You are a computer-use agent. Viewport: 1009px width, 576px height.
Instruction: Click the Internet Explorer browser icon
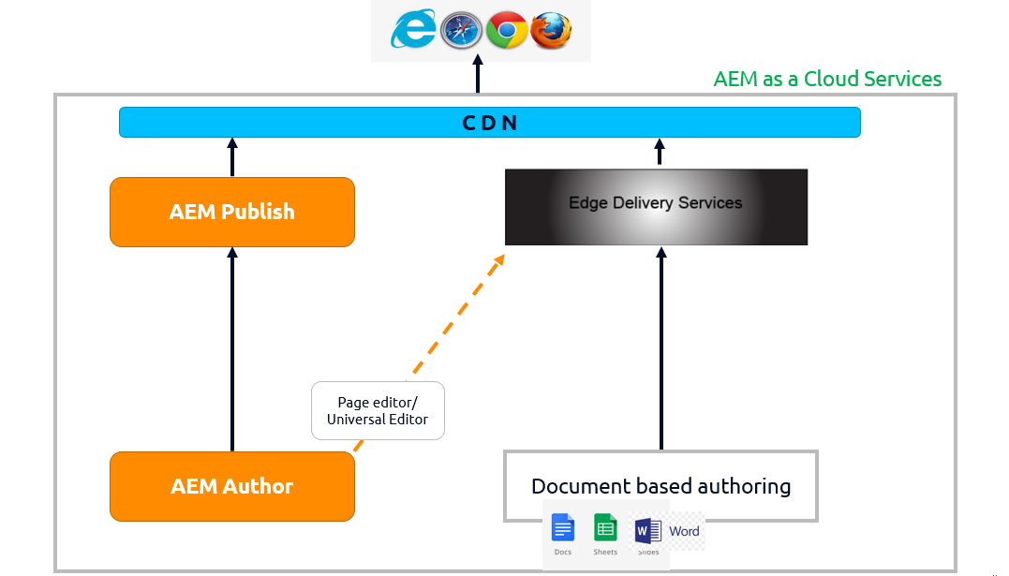tap(413, 31)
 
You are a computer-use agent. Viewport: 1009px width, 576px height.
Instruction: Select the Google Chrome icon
tap(506, 31)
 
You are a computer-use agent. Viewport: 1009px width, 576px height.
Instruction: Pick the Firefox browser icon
tap(550, 31)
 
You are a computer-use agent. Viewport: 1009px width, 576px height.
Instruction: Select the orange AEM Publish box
tap(232, 213)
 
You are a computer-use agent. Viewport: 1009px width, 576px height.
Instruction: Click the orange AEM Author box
tap(232, 486)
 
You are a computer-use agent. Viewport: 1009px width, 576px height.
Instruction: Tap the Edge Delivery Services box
tap(656, 207)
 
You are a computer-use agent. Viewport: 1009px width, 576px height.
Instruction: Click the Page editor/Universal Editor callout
tap(378, 410)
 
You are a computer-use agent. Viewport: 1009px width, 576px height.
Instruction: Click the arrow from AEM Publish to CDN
tap(232, 157)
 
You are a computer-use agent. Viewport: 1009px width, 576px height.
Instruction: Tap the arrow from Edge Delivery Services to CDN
tap(660, 153)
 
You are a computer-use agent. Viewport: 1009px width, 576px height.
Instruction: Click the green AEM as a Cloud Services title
tap(827, 79)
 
